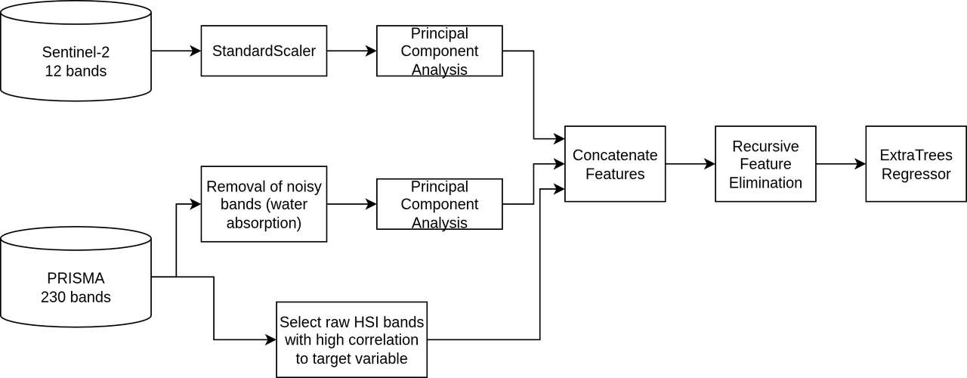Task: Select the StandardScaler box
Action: pyautogui.click(x=264, y=51)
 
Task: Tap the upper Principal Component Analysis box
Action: pyautogui.click(x=439, y=51)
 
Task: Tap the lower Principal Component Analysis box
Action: pyautogui.click(x=439, y=204)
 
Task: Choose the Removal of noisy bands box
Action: pyautogui.click(x=264, y=204)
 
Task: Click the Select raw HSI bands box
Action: pyautogui.click(x=351, y=339)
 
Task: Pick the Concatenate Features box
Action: pyautogui.click(x=614, y=164)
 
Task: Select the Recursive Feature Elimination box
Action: pyautogui.click(x=765, y=164)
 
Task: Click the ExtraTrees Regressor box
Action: pyautogui.click(x=916, y=164)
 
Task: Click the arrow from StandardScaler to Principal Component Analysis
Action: pyautogui.click(x=351, y=51)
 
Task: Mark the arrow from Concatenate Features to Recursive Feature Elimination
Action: pyautogui.click(x=690, y=163)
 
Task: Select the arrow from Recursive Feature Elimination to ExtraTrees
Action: pyautogui.click(x=840, y=163)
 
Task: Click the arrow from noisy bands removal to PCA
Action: pyautogui.click(x=351, y=204)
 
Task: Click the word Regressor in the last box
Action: pyautogui.click(x=916, y=174)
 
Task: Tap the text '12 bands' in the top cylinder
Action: pyautogui.click(x=76, y=71)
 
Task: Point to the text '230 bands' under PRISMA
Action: pyautogui.click(x=76, y=297)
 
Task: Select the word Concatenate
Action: pyautogui.click(x=614, y=155)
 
